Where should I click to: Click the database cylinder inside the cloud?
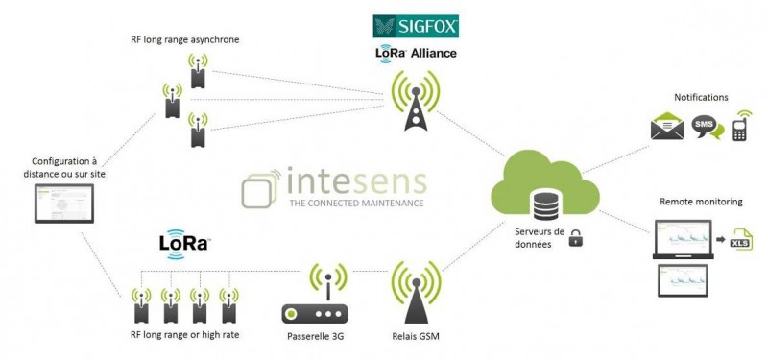click(x=544, y=203)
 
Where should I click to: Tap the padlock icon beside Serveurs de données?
click(x=576, y=238)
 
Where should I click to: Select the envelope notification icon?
click(x=667, y=127)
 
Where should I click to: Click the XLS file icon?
click(x=740, y=238)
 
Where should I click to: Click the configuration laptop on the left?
click(x=64, y=205)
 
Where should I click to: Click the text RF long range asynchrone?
click(x=184, y=39)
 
